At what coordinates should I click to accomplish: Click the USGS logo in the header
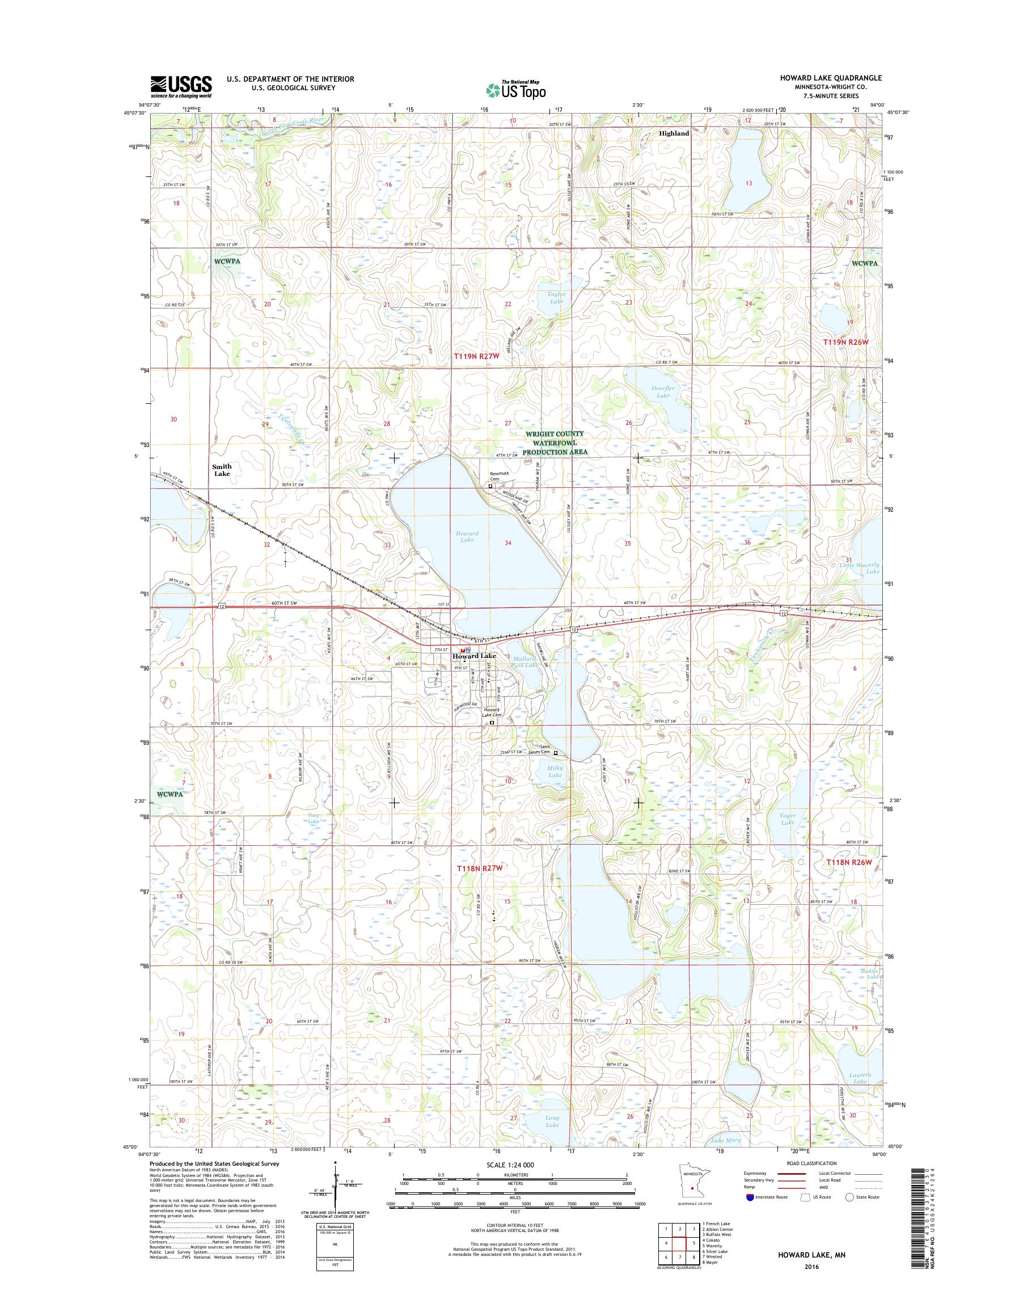pos(181,86)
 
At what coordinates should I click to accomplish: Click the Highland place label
pos(674,134)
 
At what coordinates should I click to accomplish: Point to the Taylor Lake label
pos(556,297)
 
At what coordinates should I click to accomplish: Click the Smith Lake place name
pos(222,470)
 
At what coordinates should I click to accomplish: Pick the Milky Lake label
pos(555,771)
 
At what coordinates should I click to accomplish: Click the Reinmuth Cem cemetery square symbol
pos(490,486)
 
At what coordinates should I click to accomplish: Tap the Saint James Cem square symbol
pos(556,753)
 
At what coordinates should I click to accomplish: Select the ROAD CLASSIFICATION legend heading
pos(811,1163)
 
